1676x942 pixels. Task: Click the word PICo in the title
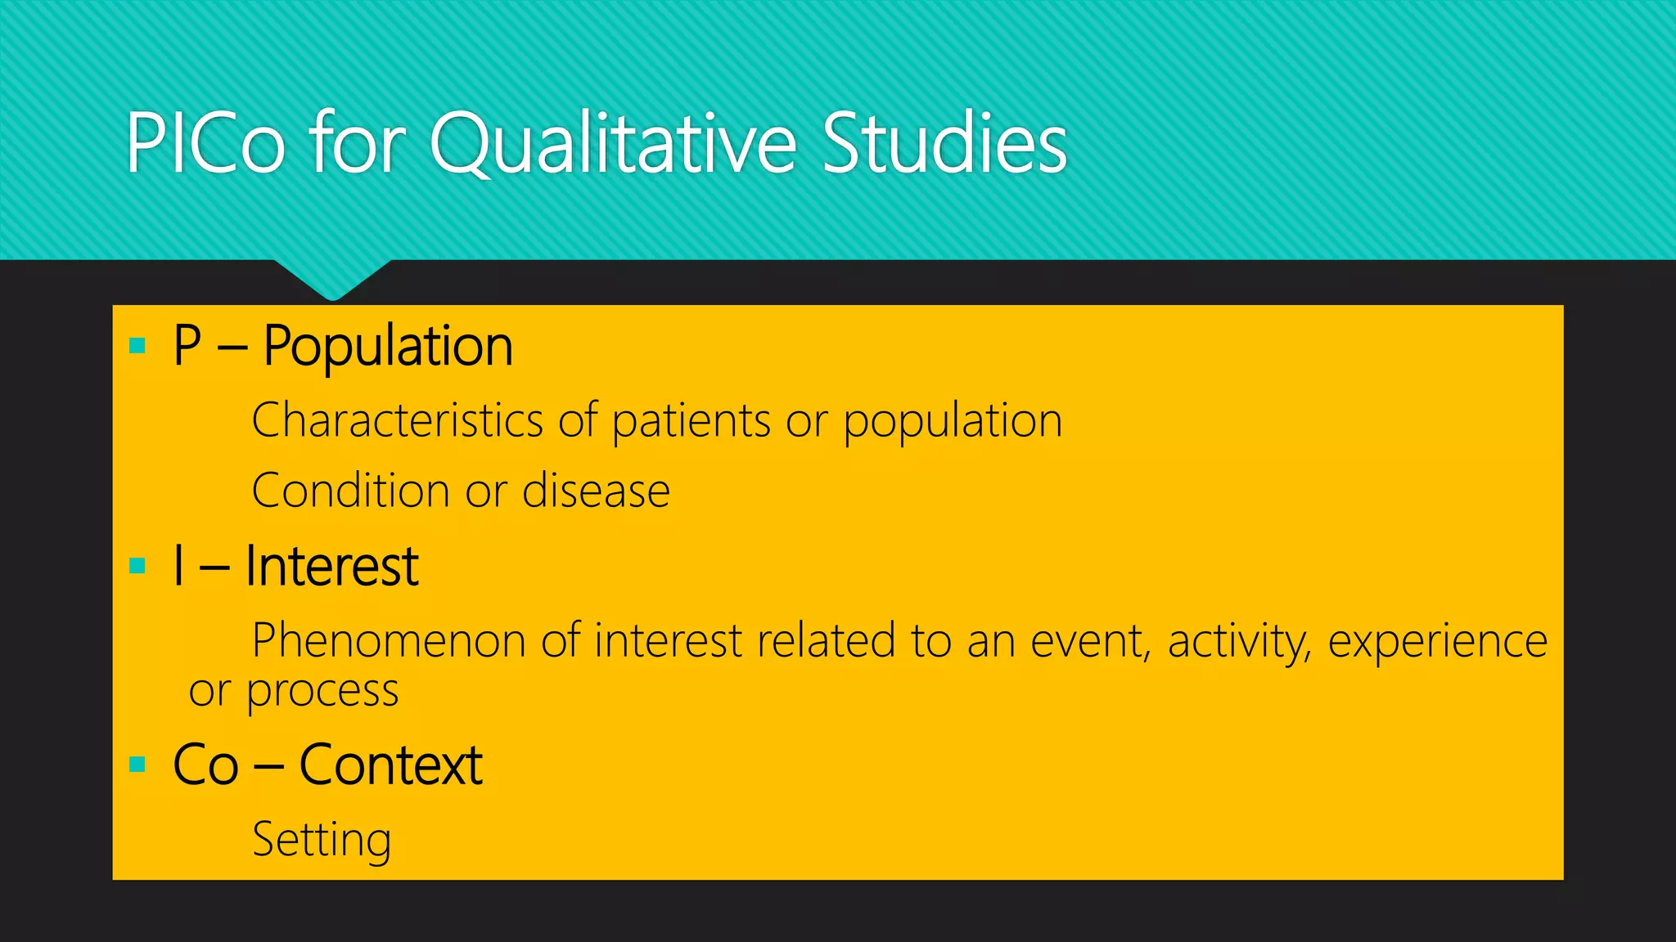tap(205, 144)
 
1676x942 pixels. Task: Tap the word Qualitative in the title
tap(612, 144)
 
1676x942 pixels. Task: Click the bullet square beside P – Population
tap(137, 346)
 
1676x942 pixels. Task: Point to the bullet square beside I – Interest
tap(137, 566)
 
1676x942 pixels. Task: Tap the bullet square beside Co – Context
tap(137, 765)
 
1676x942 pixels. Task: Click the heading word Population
tap(388, 347)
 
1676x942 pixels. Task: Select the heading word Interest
tap(332, 566)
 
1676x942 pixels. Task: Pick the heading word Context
tap(391, 765)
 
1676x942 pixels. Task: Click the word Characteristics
tap(396, 420)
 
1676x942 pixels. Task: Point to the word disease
tap(596, 491)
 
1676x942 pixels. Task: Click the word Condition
tap(350, 491)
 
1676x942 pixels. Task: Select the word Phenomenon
tap(389, 640)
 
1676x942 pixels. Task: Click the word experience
tap(1437, 642)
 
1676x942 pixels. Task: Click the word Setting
tap(322, 840)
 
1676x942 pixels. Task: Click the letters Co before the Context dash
tap(205, 765)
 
